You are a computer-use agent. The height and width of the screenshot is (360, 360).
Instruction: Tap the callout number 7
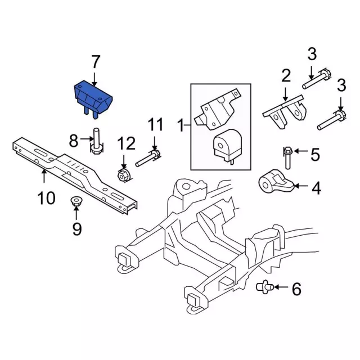point(95,61)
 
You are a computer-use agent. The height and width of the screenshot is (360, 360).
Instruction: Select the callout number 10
point(47,198)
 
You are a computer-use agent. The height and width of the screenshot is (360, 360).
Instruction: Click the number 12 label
point(126,143)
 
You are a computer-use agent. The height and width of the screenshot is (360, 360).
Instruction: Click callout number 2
point(286,75)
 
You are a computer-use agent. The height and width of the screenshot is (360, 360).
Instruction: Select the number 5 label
point(314,153)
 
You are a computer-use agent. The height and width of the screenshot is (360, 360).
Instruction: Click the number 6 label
point(296,290)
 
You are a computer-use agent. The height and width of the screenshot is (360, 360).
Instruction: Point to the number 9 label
point(77,228)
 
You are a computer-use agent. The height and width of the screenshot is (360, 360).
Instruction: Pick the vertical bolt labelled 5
point(287,157)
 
